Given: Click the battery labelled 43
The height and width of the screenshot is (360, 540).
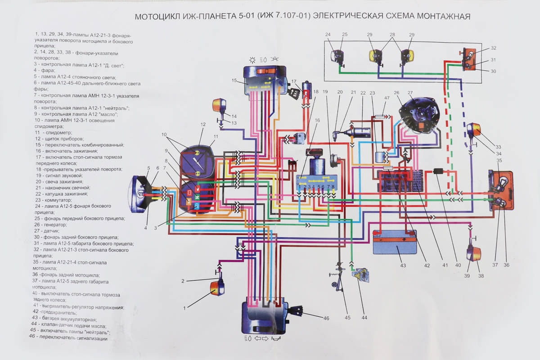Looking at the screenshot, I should click(x=395, y=243).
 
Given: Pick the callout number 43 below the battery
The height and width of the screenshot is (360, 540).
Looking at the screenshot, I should click(x=403, y=265).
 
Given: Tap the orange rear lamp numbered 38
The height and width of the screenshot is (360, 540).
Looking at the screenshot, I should click(x=474, y=254).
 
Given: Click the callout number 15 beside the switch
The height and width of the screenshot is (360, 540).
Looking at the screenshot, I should click(x=234, y=81).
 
